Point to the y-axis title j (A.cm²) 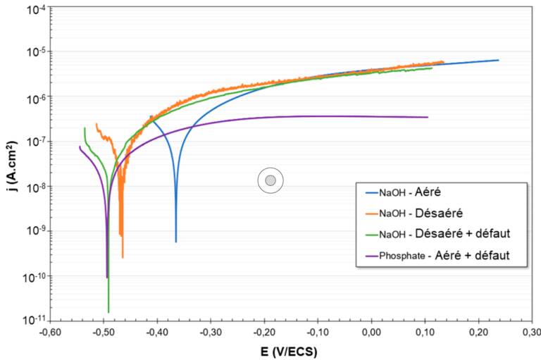(9, 166)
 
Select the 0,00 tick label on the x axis (371, 332)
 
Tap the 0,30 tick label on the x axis (533, 332)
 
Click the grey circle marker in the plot (270, 181)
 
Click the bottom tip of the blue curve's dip (176, 242)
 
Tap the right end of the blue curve (499, 60)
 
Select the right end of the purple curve (428, 117)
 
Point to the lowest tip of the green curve (108, 312)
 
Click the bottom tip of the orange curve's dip (123, 257)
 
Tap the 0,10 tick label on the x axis (425, 332)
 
